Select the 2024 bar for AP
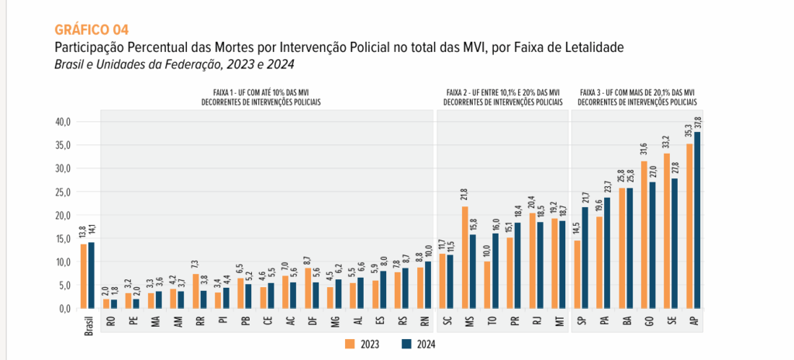pyautogui.click(x=697, y=220)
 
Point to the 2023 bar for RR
pyautogui.click(x=196, y=291)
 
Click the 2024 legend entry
pyautogui.click(x=418, y=344)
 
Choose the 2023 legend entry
pyautogui.click(x=362, y=344)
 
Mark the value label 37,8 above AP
pyautogui.click(x=697, y=123)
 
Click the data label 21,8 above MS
pyautogui.click(x=465, y=197)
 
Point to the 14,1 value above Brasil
pyautogui.click(x=91, y=234)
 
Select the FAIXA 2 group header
pyautogui.click(x=502, y=97)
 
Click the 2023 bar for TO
pyautogui.click(x=487, y=285)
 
